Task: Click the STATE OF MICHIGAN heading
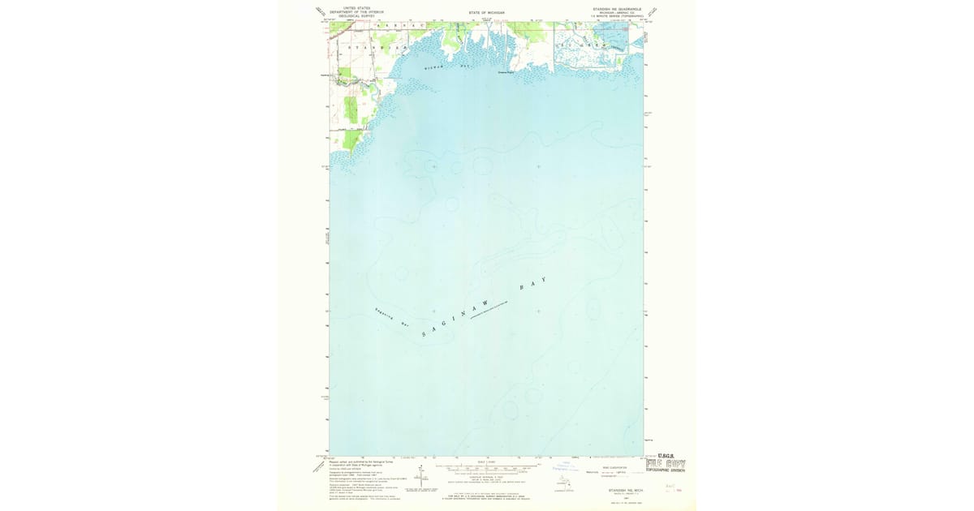tap(486, 13)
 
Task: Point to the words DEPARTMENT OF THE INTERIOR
tap(356, 12)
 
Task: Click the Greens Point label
tap(506, 71)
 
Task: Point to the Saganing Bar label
tap(391, 316)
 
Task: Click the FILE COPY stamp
tap(666, 464)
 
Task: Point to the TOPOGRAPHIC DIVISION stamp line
tap(666, 470)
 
